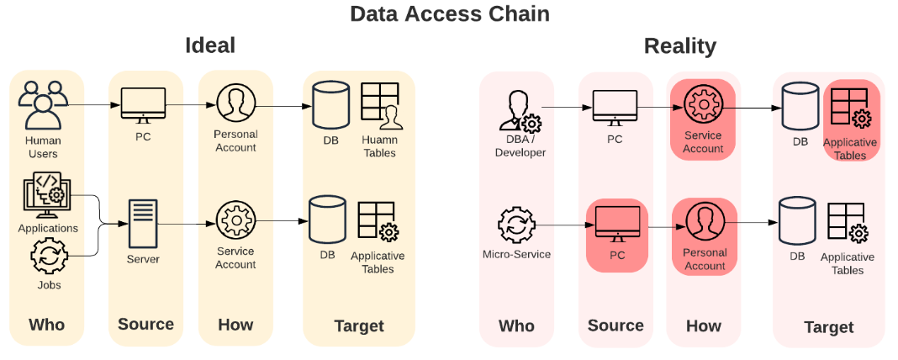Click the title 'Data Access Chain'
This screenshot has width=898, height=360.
[449, 13]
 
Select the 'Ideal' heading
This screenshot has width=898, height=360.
[210, 45]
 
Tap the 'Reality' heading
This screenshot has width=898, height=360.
[679, 45]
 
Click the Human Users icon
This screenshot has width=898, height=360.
[43, 104]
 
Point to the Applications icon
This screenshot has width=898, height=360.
[47, 196]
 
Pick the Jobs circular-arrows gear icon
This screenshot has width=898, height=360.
[48, 257]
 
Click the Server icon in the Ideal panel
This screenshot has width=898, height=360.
[142, 222]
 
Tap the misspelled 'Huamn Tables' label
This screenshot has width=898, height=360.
[378, 147]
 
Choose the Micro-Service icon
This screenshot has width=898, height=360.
[516, 225]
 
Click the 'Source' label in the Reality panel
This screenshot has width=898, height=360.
[615, 326]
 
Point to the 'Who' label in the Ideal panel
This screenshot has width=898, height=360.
[46, 325]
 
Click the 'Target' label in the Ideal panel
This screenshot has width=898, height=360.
[359, 326]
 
